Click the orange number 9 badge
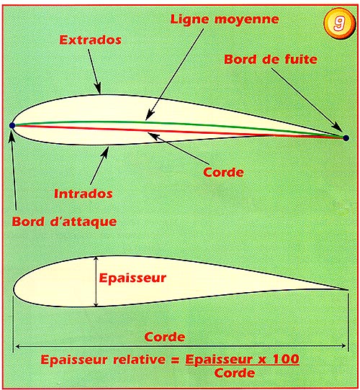tap(339, 23)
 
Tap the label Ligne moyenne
tap(225, 19)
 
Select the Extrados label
tap(91, 40)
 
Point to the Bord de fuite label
tap(271, 59)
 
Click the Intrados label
tap(84, 194)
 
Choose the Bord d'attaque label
tap(65, 222)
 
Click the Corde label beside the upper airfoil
tap(223, 172)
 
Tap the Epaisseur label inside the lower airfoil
tap(132, 278)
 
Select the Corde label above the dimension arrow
tap(165, 337)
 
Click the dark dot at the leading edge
tap(12, 125)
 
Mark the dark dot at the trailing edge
tap(346, 138)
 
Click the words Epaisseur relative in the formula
tap(103, 360)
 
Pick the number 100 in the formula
tap(286, 359)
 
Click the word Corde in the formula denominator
tap(235, 373)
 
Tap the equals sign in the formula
tap(175, 360)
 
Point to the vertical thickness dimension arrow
tap(96, 281)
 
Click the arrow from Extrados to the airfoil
tap(94, 71)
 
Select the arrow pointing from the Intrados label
tap(99, 165)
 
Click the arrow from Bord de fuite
tap(307, 100)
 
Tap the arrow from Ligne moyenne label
tap(174, 74)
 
